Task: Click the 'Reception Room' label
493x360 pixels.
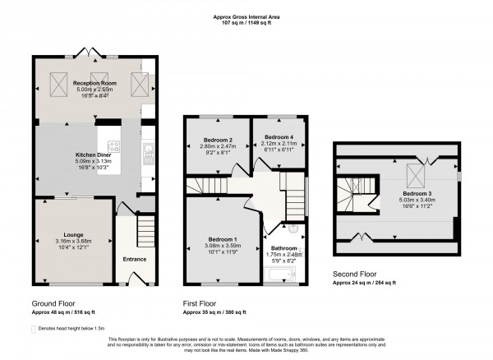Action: [93, 83]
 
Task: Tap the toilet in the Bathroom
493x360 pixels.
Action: [295, 230]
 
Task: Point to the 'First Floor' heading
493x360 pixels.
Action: [202, 303]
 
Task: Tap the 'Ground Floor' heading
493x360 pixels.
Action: [54, 303]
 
